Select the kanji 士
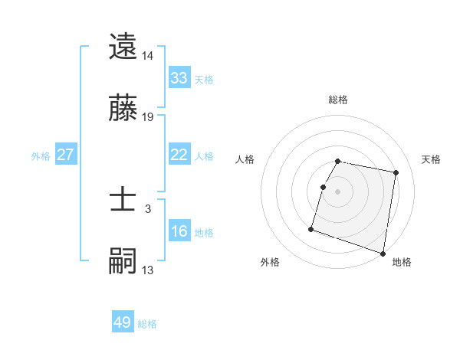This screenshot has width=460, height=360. click(x=123, y=200)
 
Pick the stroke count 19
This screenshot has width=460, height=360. click(x=148, y=117)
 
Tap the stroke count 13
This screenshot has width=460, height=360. click(x=148, y=270)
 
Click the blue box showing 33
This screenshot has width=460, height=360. click(x=179, y=78)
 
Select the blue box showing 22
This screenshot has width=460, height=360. click(x=179, y=155)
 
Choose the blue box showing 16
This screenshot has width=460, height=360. click(x=179, y=232)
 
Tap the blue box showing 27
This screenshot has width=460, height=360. click(x=66, y=155)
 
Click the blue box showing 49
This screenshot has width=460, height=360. click(x=123, y=322)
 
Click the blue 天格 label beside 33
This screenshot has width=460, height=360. click(x=204, y=79)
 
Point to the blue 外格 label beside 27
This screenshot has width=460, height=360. click(x=41, y=155)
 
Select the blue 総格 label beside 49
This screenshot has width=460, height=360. click(x=148, y=323)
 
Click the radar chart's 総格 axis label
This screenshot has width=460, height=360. click(x=338, y=100)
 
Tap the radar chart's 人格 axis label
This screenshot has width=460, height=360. click(x=245, y=159)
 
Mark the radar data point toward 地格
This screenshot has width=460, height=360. click(x=383, y=253)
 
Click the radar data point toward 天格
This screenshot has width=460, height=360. click(x=396, y=173)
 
